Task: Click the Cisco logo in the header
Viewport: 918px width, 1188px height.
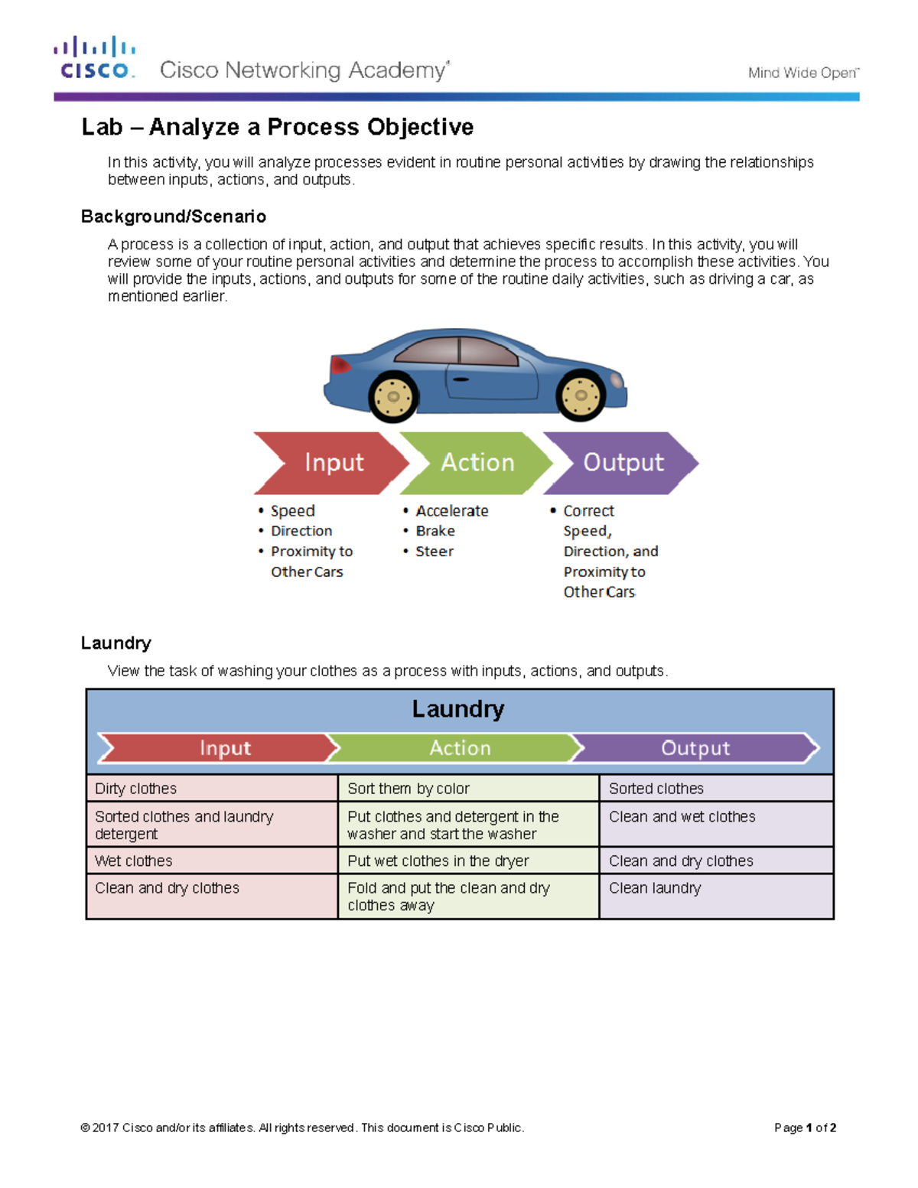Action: tap(95, 58)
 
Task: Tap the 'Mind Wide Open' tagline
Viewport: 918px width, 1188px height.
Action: tap(802, 73)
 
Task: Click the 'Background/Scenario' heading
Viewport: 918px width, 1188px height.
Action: tap(173, 216)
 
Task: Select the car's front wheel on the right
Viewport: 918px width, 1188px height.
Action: tap(581, 395)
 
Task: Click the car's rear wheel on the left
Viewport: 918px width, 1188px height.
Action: tap(393, 396)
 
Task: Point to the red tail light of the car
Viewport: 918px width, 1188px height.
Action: tap(339, 365)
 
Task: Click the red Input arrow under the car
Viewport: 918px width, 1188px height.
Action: tap(330, 463)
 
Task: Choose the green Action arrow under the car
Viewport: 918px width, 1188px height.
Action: tap(476, 463)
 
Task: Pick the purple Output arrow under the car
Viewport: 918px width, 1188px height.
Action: tap(621, 463)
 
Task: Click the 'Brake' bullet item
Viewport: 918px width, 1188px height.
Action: tap(435, 531)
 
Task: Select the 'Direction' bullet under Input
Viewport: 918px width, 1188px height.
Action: tap(301, 531)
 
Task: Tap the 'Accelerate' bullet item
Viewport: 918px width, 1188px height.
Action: tap(451, 510)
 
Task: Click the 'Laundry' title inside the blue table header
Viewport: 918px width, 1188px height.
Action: tap(457, 709)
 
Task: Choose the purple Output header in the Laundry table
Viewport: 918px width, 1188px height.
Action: tap(695, 748)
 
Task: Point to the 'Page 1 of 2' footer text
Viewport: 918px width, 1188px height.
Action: tap(805, 1128)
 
